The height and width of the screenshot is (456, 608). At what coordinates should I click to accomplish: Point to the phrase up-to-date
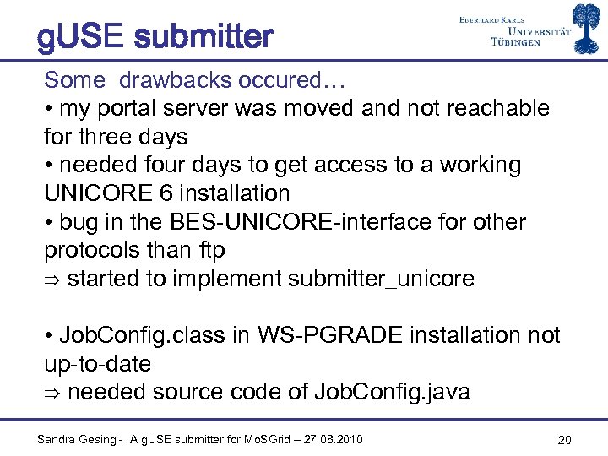point(97,364)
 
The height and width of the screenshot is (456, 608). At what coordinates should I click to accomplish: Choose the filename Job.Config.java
point(391,392)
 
